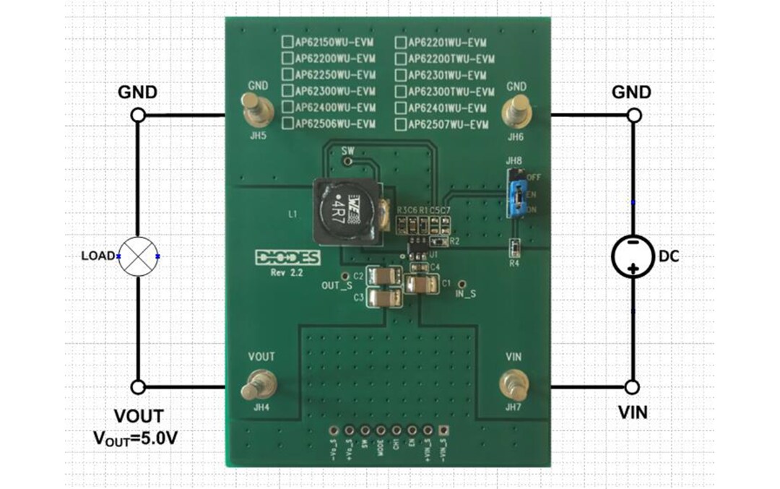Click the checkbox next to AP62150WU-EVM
pyautogui.click(x=287, y=42)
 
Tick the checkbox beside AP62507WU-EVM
pyautogui.click(x=401, y=124)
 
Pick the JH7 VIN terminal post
pyautogui.click(x=513, y=383)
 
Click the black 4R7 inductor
pyautogui.click(x=341, y=210)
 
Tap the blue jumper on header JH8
pyautogui.click(x=517, y=193)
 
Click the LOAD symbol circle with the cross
pyautogui.click(x=138, y=256)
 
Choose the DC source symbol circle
pyautogui.click(x=633, y=256)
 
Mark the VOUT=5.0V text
pyautogui.click(x=136, y=438)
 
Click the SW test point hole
pyautogui.click(x=348, y=162)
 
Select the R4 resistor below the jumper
pyautogui.click(x=514, y=248)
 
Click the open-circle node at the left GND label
pyautogui.click(x=138, y=115)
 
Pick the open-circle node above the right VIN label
pyautogui.click(x=633, y=388)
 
